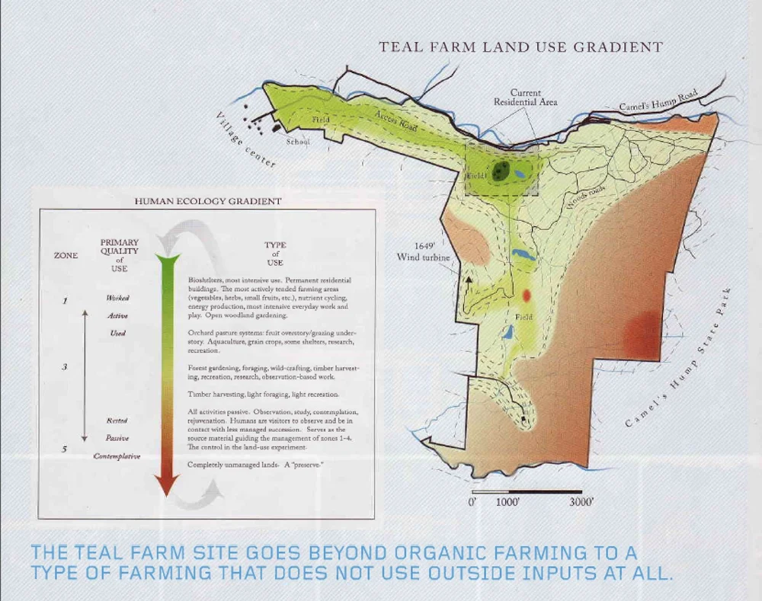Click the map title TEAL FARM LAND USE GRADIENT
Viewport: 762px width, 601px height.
tap(521, 47)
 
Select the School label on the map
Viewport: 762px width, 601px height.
tap(299, 142)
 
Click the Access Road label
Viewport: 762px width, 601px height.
tap(396, 120)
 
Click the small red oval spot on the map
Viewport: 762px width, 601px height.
tap(526, 295)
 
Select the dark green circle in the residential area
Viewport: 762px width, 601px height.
tap(500, 171)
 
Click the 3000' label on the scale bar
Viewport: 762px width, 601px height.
tap(582, 503)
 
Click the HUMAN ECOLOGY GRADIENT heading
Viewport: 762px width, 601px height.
tap(208, 202)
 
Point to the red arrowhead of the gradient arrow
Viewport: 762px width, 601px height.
tap(167, 483)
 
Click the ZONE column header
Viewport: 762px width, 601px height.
tap(66, 256)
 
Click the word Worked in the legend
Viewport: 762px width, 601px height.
tap(117, 298)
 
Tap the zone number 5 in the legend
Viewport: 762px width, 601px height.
tap(66, 449)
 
